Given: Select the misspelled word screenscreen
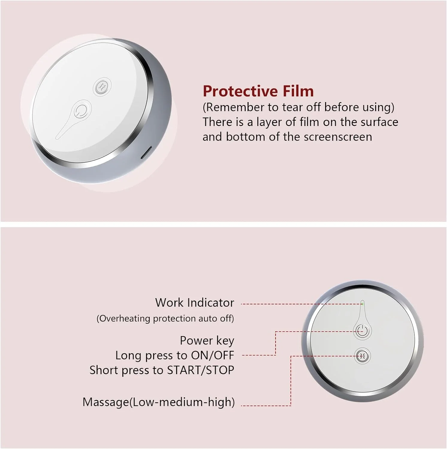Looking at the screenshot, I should [338, 137].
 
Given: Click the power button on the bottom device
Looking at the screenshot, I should [362, 331].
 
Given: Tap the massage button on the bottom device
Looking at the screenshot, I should [362, 356].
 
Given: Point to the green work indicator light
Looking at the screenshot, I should [363, 304].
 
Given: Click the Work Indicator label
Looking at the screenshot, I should [194, 303].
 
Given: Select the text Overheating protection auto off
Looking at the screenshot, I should [165, 318].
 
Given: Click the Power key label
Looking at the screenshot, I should [207, 340].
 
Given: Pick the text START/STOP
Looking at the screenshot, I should [200, 370].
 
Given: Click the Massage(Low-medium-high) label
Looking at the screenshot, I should [158, 402].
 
